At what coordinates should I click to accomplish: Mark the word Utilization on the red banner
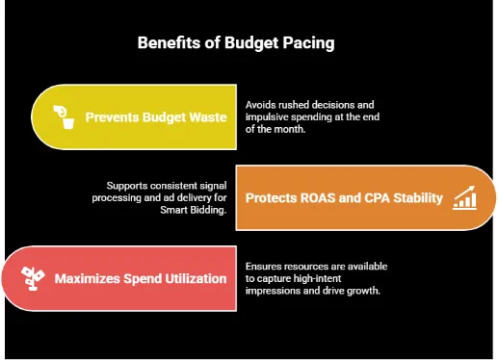pos(195,279)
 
